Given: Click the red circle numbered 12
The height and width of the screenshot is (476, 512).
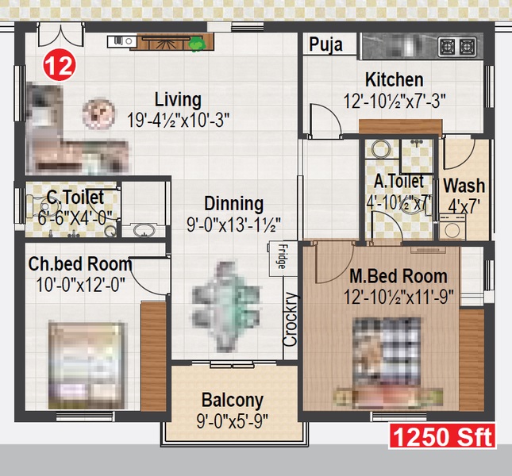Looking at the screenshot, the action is [60, 66].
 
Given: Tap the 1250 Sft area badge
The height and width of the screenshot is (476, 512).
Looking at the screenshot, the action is [442, 436].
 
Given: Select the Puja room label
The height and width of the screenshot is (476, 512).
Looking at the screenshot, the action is [325, 44].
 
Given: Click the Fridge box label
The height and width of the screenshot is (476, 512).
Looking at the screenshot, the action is [281, 256].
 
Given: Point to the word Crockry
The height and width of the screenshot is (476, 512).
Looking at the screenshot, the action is [291, 320].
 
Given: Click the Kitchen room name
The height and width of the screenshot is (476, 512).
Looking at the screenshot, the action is [395, 79].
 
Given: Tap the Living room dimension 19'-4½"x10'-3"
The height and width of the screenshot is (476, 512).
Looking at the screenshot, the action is [178, 120].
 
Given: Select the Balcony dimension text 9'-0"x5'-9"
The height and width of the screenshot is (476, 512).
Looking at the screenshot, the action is [233, 421].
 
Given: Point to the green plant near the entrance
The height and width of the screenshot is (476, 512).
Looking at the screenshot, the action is [197, 44].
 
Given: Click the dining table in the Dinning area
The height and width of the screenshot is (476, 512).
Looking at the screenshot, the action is [226, 307].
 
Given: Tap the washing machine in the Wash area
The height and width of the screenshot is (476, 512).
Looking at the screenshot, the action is [452, 227].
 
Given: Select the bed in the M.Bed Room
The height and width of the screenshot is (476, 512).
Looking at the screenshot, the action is [388, 361].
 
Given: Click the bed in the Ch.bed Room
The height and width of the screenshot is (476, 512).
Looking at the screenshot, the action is [87, 365].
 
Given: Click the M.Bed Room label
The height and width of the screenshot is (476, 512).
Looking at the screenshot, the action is [398, 276].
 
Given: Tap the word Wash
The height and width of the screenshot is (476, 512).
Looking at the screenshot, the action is [464, 186].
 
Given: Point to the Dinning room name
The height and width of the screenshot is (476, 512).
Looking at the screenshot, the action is [234, 204].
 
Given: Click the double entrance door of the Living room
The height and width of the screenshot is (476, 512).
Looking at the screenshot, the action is [60, 35].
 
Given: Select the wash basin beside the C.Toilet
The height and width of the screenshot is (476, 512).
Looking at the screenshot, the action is [144, 230].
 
